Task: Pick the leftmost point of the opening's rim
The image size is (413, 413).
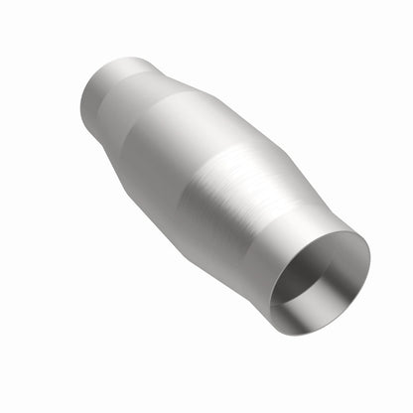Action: click(x=271, y=291)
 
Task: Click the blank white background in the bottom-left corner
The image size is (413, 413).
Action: click(x=40, y=377)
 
